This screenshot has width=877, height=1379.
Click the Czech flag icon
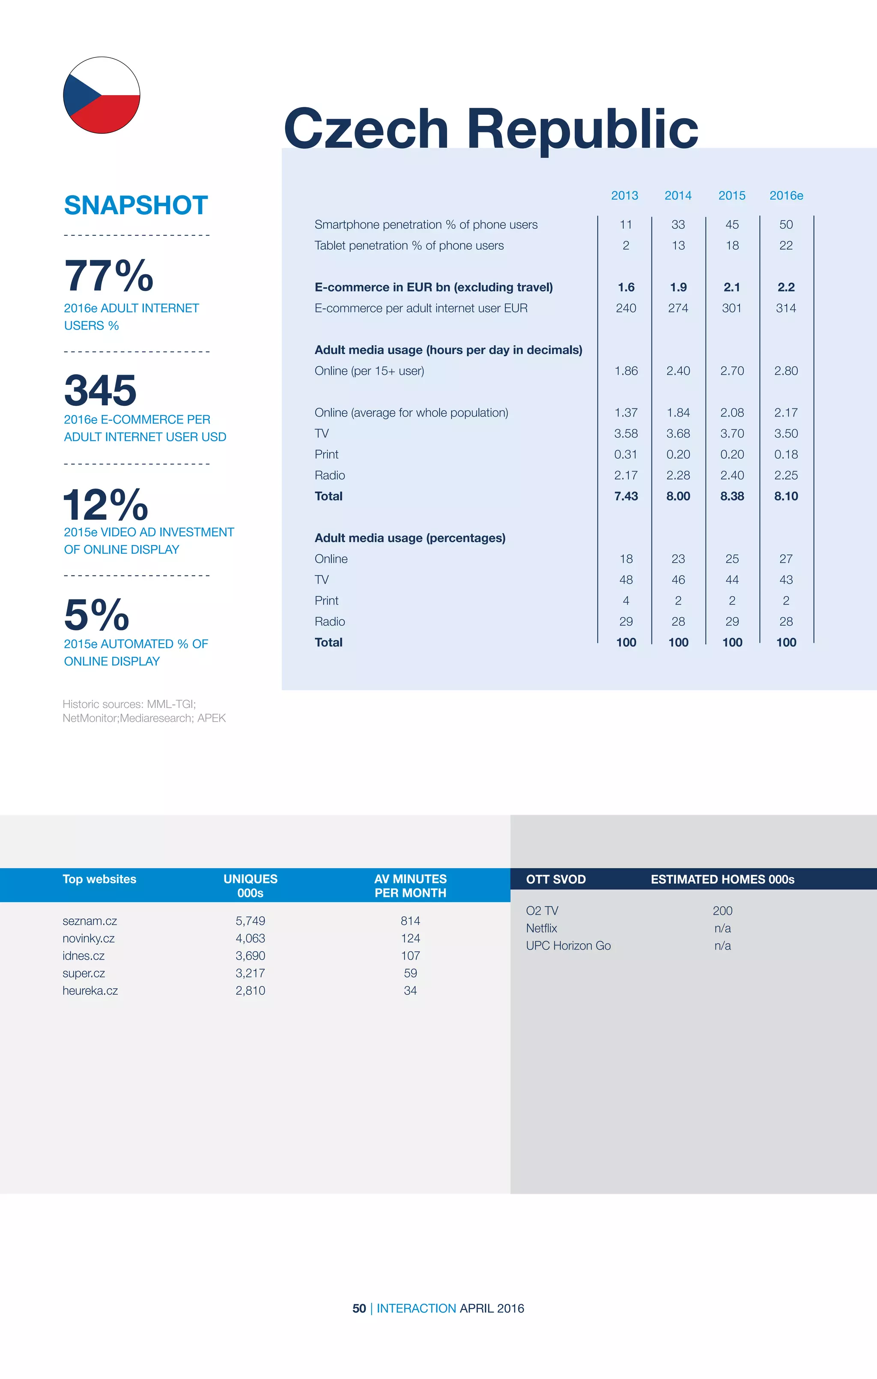[x=101, y=95]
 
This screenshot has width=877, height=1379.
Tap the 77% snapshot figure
[x=109, y=276]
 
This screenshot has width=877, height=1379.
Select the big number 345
[x=100, y=390]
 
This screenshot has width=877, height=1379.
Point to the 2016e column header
[x=786, y=195]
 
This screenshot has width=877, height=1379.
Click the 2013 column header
[x=624, y=195]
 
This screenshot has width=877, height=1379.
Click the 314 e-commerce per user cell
[x=785, y=308]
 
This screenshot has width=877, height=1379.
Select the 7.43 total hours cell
[x=626, y=496]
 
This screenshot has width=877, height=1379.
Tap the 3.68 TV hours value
[x=678, y=434]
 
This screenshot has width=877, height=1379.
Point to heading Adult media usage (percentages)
[x=410, y=538]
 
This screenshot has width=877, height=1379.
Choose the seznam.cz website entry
[x=90, y=921]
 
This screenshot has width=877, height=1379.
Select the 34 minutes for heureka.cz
[x=410, y=990]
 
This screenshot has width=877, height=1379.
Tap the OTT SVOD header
[x=555, y=879]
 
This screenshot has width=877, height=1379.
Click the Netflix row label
[x=542, y=928]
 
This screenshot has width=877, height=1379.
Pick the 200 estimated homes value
[x=722, y=911]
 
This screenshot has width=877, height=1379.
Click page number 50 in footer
[x=359, y=1308]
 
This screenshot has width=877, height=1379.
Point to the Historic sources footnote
[x=144, y=710]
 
